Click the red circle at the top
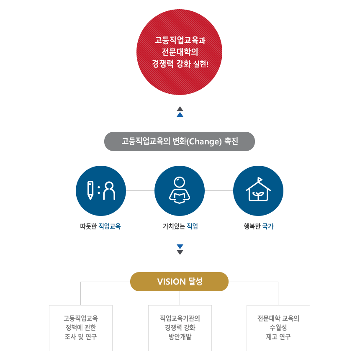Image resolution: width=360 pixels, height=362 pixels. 179,52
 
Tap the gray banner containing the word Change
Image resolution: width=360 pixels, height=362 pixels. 180,141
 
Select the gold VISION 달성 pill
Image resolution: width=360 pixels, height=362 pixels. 180,282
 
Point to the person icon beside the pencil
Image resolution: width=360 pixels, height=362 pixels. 109,191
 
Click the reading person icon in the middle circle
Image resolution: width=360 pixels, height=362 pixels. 180,190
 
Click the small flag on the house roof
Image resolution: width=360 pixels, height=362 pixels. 260,179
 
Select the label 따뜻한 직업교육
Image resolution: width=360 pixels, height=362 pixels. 100,226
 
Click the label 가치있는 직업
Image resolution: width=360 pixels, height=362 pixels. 180,226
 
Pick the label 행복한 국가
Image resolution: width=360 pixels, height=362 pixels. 259,226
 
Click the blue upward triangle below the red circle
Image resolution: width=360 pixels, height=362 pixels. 180,115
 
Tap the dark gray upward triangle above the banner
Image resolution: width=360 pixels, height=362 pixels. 180,109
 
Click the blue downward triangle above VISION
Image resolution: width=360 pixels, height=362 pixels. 180,246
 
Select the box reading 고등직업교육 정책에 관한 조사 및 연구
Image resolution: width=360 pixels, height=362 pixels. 81,328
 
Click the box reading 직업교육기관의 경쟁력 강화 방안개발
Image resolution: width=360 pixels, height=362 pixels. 180,328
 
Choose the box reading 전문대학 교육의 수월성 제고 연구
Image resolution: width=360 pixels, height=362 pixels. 278,328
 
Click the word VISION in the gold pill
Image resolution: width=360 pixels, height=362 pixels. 172,282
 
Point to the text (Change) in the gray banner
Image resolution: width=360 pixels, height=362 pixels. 204,141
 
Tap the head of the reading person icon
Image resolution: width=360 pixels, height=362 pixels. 180,182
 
